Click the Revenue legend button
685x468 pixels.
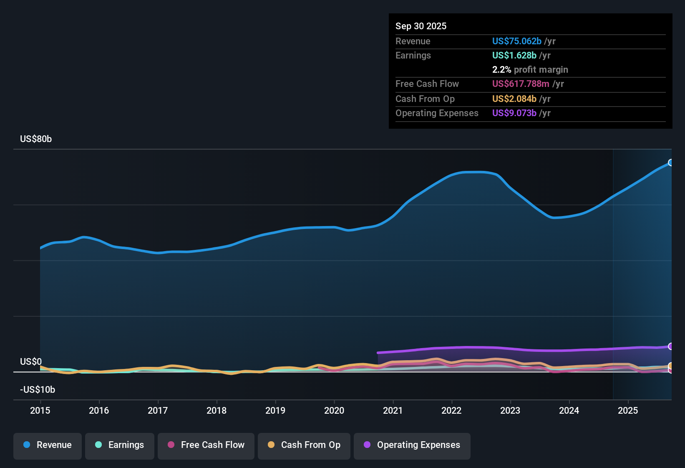(x=48, y=445)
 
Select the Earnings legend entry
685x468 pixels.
(x=120, y=445)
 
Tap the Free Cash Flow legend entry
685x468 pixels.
(x=206, y=445)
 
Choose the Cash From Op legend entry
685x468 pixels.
(x=304, y=445)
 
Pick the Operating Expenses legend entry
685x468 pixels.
(x=412, y=445)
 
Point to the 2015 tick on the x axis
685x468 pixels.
(x=40, y=410)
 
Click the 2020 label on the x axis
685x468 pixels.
(x=334, y=410)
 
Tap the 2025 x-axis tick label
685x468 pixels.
(x=628, y=410)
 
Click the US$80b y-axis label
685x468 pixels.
(x=36, y=139)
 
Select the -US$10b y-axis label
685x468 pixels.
(x=38, y=390)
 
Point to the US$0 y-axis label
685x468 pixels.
(x=31, y=362)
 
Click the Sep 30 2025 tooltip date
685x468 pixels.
(x=421, y=26)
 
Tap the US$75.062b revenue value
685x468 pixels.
(x=516, y=41)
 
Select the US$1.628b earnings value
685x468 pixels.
(x=514, y=55)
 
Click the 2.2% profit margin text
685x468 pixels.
(x=530, y=70)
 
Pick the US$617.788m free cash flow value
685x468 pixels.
(x=521, y=84)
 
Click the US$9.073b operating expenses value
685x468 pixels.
(x=514, y=113)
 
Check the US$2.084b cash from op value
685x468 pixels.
(x=514, y=99)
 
